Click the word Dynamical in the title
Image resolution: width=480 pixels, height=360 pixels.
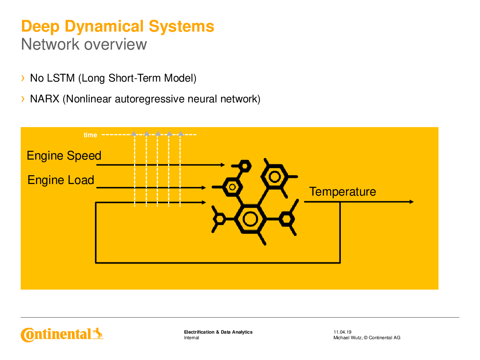(x=104, y=27)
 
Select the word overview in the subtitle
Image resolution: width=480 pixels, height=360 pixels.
(x=115, y=44)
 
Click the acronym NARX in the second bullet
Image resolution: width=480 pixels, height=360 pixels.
(x=45, y=99)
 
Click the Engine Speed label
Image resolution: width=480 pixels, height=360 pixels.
(x=64, y=156)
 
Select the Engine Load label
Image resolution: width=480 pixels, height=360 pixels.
(x=61, y=180)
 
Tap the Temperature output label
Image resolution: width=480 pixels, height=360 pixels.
(x=342, y=192)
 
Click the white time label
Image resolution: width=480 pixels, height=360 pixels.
(x=90, y=135)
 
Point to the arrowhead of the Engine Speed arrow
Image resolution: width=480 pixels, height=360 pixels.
(x=223, y=165)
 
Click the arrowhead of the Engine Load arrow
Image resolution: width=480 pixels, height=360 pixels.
(x=204, y=188)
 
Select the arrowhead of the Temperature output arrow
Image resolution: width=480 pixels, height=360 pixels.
(x=411, y=202)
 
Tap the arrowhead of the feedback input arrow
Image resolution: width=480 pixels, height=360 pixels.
(x=204, y=202)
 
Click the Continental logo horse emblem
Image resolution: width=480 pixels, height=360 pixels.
(x=98, y=333)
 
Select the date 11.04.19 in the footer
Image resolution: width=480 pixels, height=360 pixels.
(x=342, y=332)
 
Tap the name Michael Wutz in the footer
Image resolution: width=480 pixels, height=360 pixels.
(x=347, y=338)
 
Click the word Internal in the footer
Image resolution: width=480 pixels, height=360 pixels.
(x=191, y=338)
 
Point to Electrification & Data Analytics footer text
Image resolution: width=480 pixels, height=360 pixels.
(x=218, y=332)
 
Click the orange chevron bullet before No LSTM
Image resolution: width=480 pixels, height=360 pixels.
(x=23, y=78)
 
